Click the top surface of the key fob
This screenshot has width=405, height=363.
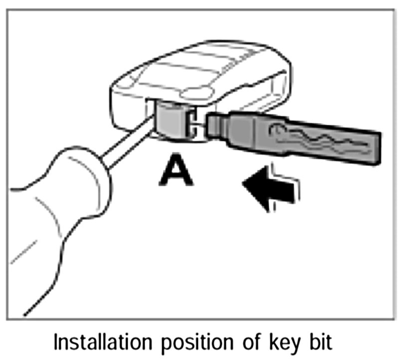pos(200,70)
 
